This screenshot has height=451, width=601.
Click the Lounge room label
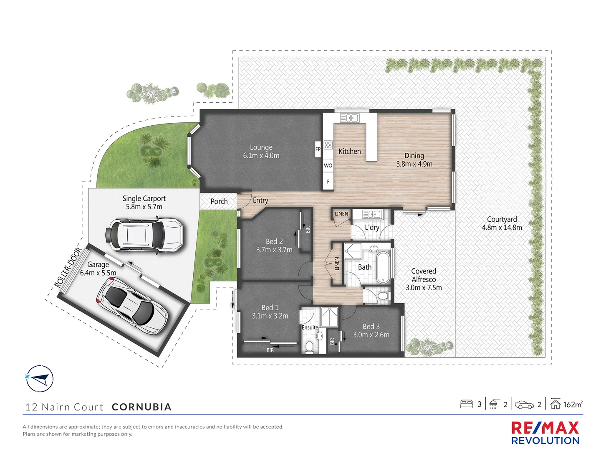pos(261,147)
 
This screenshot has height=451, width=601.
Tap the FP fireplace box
pos(318,149)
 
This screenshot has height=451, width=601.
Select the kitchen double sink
pos(350,118)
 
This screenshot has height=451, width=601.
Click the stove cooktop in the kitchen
pos(328,145)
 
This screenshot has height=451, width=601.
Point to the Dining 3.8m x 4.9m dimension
pos(414,164)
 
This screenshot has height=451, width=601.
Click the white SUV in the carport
pos(146,234)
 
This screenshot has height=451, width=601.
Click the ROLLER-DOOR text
pos(68,268)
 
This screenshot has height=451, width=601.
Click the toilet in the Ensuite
pos(309,346)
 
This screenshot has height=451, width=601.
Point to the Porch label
pos(219,201)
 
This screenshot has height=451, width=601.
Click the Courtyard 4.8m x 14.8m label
pos(502,223)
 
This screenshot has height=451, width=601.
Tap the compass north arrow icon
pos(40,379)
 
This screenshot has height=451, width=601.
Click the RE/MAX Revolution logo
pos(545,433)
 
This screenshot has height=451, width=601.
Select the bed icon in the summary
pos(466,404)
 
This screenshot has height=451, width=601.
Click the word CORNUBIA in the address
pos(141,407)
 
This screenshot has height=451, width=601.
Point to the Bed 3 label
pos(371,327)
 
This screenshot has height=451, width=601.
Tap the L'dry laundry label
pos(372,227)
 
